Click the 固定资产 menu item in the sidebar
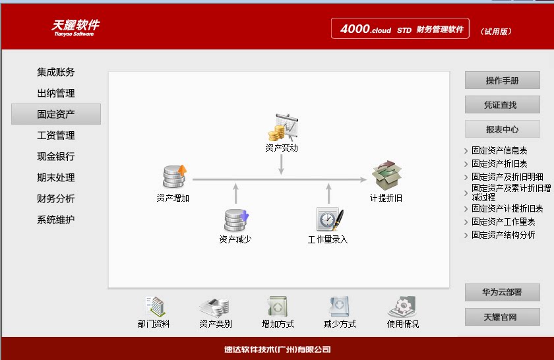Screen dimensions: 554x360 [56, 114]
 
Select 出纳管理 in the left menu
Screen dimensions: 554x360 [56, 93]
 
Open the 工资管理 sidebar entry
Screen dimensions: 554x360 [56, 135]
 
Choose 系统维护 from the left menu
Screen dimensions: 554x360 [56, 220]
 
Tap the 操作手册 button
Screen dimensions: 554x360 [502, 80]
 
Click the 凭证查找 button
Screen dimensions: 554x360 [502, 105]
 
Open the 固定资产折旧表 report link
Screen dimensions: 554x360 [499, 164]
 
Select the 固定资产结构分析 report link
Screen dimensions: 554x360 [503, 235]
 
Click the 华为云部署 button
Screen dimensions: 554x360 [502, 292]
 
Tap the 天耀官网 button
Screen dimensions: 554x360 [502, 317]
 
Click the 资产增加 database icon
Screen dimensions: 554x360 [174, 177]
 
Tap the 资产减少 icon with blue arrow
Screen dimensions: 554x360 [235, 219]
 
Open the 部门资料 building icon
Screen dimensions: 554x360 [154, 306]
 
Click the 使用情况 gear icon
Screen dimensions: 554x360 [402, 306]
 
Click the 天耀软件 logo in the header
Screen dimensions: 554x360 [76, 26]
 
